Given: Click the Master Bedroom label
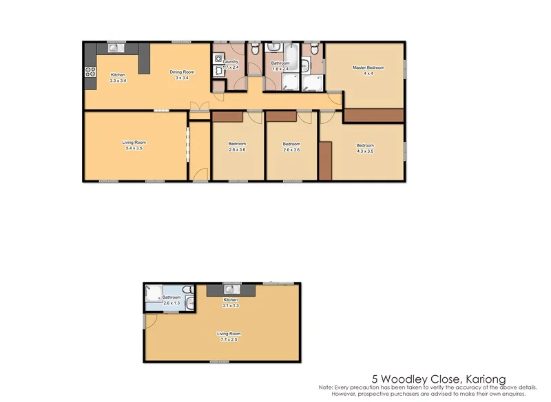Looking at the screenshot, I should click(368, 67).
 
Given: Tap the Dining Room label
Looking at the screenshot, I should click(182, 72).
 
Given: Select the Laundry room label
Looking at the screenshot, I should click(231, 62).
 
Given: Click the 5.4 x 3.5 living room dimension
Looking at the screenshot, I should click(134, 149).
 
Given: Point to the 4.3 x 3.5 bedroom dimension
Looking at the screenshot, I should click(364, 149).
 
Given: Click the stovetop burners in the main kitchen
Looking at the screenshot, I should click(89, 70).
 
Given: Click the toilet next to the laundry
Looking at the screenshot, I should click(254, 48).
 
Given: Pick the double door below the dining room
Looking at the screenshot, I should click(200, 107).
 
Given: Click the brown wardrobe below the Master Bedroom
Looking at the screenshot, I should click(373, 116).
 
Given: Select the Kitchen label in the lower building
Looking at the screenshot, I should click(230, 300).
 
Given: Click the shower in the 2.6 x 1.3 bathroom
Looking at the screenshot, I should click(153, 292).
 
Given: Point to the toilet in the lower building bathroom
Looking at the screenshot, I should click(186, 289).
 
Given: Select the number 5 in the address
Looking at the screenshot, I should click(375, 379).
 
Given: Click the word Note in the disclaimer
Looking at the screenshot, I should click(326, 388).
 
